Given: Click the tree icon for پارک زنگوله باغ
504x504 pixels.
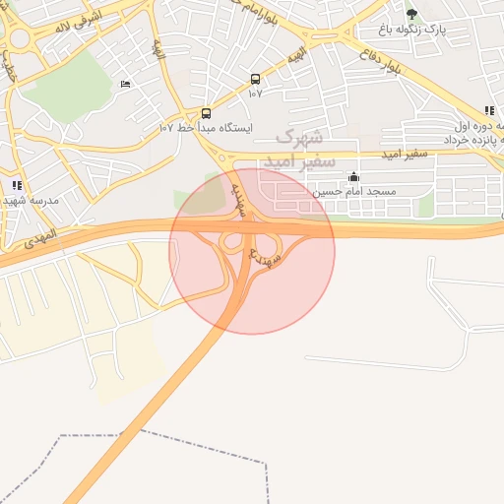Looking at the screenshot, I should coord(411,14).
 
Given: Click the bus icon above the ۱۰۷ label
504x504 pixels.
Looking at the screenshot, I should coord(255,79).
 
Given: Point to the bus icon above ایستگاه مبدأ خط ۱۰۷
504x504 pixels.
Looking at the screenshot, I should coord(206,113).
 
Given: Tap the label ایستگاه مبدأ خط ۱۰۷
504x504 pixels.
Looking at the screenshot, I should coord(207,128).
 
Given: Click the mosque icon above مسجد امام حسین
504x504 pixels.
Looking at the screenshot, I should coord(354,177).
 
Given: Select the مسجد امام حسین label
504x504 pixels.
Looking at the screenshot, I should coord(354,191).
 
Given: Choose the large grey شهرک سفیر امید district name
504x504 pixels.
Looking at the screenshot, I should coord(298,147).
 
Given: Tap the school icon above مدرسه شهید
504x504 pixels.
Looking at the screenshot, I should coord(17,185).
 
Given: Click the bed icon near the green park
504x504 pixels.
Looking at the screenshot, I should coord(124,85).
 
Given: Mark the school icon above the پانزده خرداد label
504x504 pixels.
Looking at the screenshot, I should coord(489,111).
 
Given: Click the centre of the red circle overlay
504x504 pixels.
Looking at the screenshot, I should coord(252,251).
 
